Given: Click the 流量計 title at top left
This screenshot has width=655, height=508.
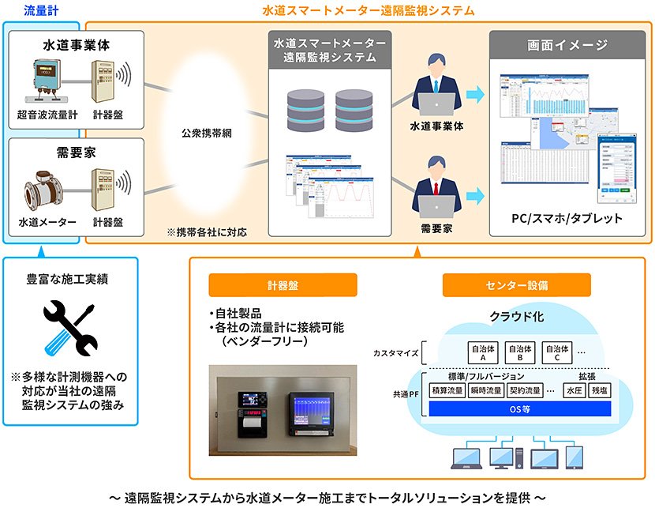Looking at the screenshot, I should pyautogui.click(x=39, y=10).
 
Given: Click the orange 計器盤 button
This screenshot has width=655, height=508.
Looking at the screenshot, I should pyautogui.click(x=283, y=284).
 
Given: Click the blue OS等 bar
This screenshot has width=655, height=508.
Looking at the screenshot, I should pyautogui.click(x=522, y=409).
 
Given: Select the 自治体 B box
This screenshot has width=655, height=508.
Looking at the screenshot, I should pyautogui.click(x=520, y=352).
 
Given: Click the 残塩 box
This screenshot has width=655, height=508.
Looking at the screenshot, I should pyautogui.click(x=601, y=389).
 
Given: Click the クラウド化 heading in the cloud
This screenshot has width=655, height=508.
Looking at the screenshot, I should pyautogui.click(x=517, y=317).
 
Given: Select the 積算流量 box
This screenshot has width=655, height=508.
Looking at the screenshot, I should pyautogui.click(x=446, y=389).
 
